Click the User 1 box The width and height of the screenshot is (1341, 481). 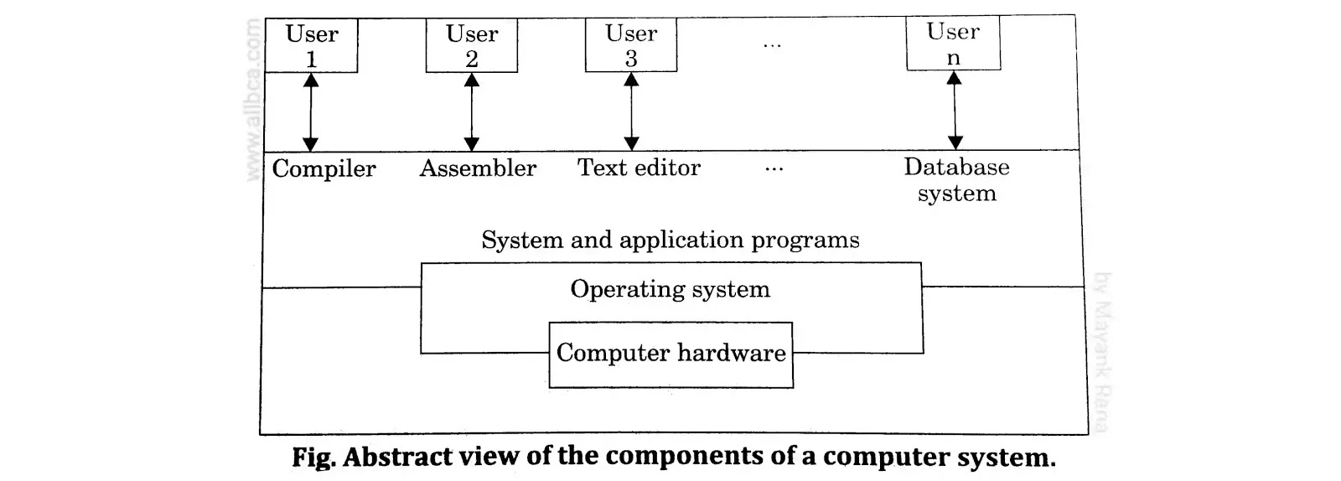click(x=311, y=46)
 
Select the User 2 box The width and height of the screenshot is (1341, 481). click(x=472, y=46)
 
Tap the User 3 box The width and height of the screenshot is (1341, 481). click(x=631, y=46)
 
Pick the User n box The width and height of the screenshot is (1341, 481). click(x=953, y=44)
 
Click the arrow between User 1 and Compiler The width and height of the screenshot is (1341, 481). click(x=311, y=111)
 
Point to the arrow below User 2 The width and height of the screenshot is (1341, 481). click(x=472, y=111)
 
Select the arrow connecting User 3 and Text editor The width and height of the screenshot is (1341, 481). click(x=632, y=111)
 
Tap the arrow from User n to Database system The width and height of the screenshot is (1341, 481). click(x=954, y=110)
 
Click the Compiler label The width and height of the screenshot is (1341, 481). click(x=324, y=168)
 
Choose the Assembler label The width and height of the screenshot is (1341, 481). click(x=478, y=168)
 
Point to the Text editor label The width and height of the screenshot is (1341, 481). click(x=639, y=168)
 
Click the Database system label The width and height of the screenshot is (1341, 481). click(x=956, y=179)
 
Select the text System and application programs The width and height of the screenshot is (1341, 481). click(x=670, y=240)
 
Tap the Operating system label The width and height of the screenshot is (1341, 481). click(x=670, y=289)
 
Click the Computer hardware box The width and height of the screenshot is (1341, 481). click(x=670, y=354)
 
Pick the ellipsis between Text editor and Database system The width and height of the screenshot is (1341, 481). click(x=774, y=170)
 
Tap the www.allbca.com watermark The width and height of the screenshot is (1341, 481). click(x=252, y=101)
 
